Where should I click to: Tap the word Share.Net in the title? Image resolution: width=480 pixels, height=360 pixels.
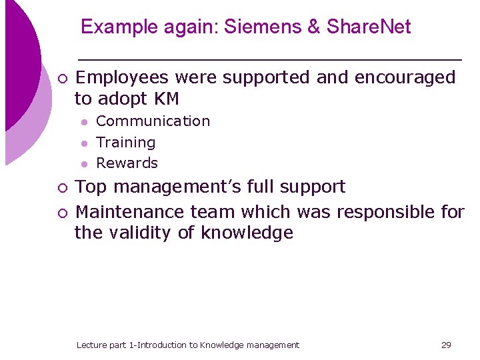[369, 27]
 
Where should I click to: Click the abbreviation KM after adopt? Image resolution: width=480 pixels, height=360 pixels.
[167, 99]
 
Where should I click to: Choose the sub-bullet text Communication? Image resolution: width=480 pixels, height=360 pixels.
[153, 121]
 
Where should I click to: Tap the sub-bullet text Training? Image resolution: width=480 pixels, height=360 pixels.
[125, 143]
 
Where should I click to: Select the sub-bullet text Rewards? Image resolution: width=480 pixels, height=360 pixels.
[127, 163]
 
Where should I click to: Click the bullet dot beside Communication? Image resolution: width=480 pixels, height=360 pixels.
[83, 122]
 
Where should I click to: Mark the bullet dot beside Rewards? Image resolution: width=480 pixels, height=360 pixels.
[83, 164]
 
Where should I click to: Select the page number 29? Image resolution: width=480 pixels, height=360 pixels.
[446, 345]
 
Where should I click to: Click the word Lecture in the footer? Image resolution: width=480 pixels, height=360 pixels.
[91, 345]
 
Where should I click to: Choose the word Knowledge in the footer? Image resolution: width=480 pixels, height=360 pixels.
[221, 345]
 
